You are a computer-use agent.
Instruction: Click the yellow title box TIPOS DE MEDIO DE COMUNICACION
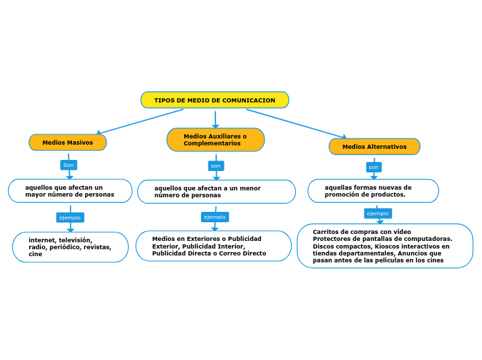tap(215, 100)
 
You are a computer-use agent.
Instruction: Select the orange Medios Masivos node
tap(68, 143)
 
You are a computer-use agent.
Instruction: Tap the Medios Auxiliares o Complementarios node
tap(215, 140)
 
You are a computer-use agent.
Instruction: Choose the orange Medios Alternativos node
tap(374, 147)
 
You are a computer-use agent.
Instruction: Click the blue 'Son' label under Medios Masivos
tap(69, 165)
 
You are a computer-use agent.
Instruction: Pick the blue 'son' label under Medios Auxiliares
tap(216, 166)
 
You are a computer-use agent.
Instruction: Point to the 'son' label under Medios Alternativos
tap(373, 167)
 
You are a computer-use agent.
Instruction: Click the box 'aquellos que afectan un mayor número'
tap(70, 191)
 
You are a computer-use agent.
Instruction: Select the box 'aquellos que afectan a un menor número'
tap(216, 192)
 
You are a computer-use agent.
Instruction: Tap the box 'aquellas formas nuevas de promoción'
tap(373, 191)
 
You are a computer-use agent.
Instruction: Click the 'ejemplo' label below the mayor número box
tap(70, 217)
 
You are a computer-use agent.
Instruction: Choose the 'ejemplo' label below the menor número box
tap(215, 217)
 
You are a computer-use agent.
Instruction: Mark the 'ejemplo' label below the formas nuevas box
tap(377, 213)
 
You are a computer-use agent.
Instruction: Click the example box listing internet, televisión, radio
tap(70, 247)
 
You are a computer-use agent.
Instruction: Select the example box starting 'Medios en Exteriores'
tap(213, 246)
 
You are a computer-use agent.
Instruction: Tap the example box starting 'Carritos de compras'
tap(384, 246)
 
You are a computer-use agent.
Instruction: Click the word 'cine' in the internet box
tap(35, 254)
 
